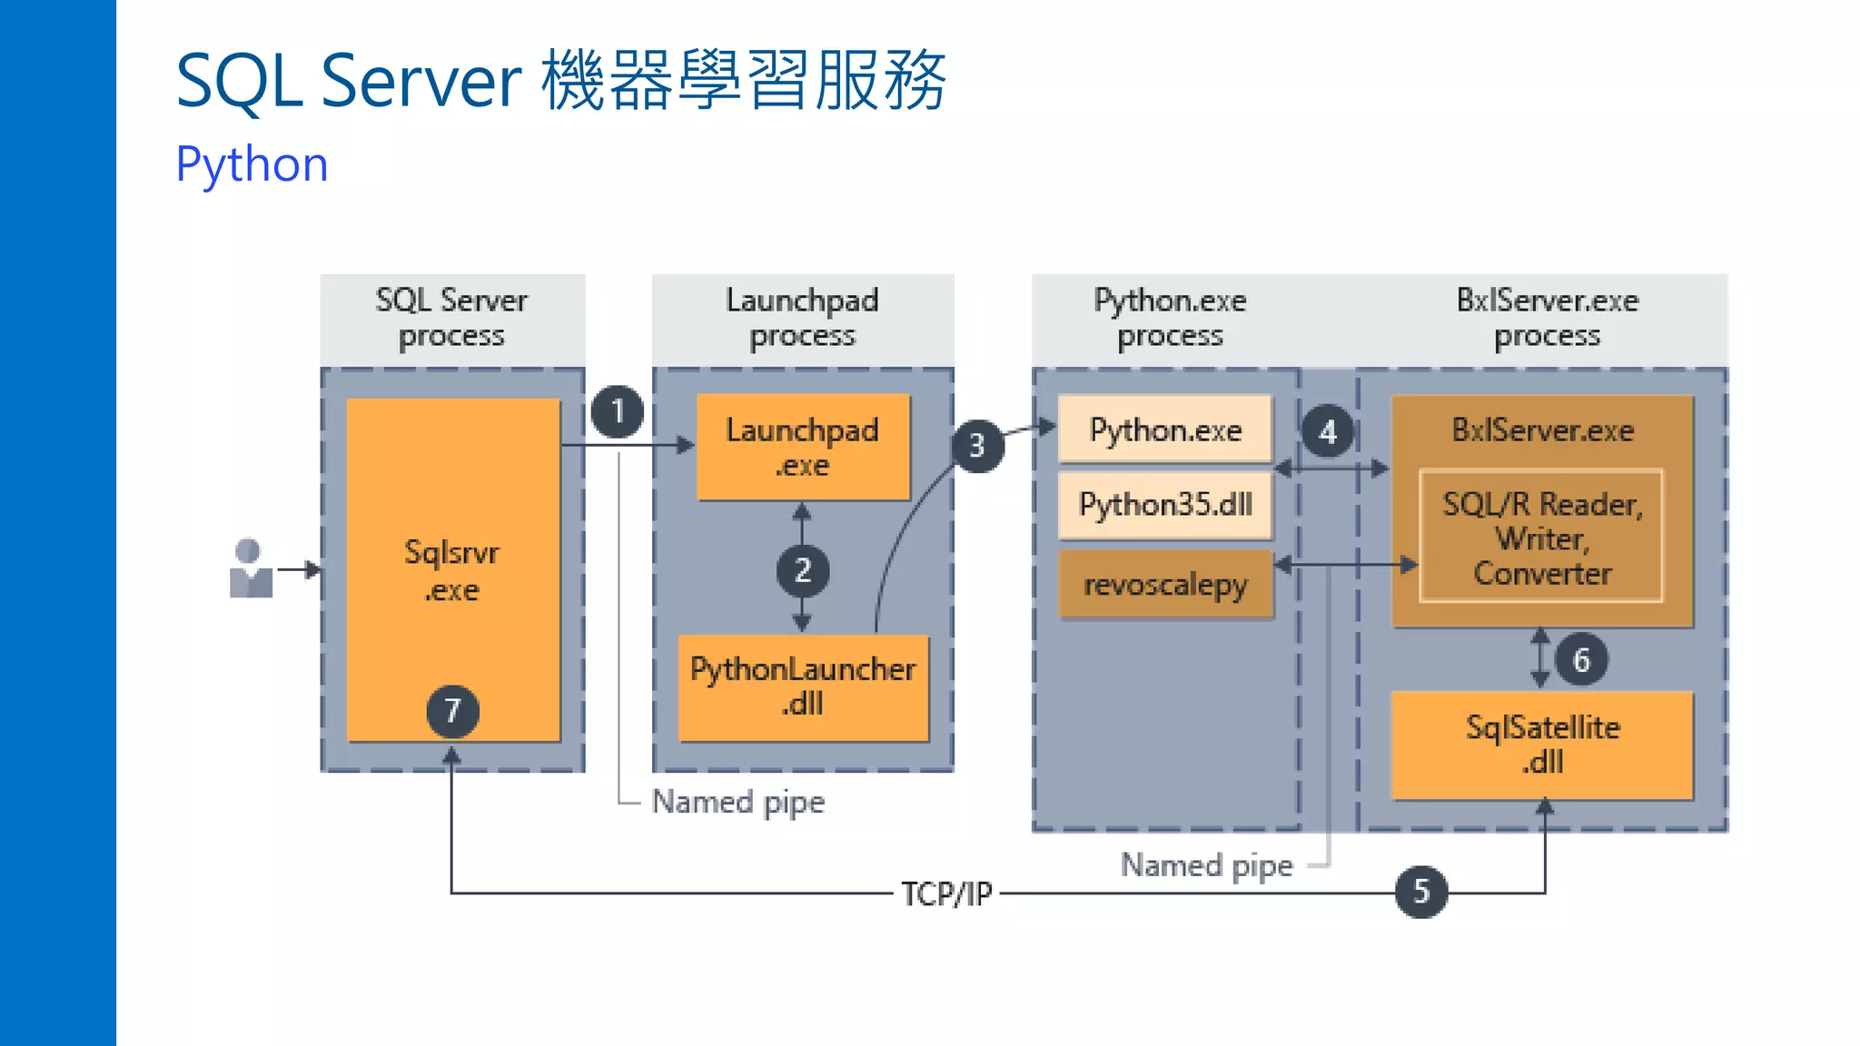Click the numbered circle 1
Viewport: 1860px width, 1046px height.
618,411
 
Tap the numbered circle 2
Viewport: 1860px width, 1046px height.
802,570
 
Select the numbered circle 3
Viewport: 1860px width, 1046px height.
977,445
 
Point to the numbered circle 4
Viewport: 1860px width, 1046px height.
1327,431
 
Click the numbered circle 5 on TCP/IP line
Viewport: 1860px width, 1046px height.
1421,892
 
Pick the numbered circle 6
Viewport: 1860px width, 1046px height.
1581,659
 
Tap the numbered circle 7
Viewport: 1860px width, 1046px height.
452,710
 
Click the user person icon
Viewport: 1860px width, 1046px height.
251,569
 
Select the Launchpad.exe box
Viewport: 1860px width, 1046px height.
803,447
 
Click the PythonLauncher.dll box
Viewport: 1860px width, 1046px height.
803,686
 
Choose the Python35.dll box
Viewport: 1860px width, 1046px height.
1165,504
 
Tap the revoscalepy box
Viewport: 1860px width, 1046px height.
1165,585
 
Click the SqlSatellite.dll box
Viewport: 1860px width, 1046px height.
1542,745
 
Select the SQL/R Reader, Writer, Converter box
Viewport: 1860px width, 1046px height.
1541,537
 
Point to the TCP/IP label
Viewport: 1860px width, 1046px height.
946,893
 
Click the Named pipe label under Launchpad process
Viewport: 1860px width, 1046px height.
737,802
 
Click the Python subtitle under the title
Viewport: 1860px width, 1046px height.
252,164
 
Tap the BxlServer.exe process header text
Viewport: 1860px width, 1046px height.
1547,317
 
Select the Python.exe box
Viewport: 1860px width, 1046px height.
1165,429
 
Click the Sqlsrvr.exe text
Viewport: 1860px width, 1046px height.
451,570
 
